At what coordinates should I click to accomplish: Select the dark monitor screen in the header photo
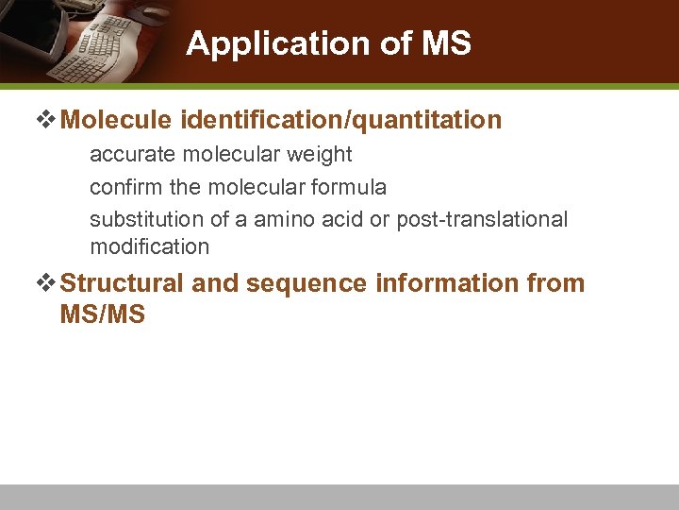(x=28, y=24)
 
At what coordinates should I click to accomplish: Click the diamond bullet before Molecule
(x=46, y=121)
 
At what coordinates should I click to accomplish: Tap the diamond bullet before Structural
(x=46, y=283)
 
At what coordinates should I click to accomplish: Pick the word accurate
(x=128, y=154)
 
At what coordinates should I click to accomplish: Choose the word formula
(x=351, y=187)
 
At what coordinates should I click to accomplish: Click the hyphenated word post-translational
(x=482, y=219)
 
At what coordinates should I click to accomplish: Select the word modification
(x=149, y=247)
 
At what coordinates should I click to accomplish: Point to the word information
(x=447, y=283)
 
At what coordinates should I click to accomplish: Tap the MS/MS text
(x=102, y=314)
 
